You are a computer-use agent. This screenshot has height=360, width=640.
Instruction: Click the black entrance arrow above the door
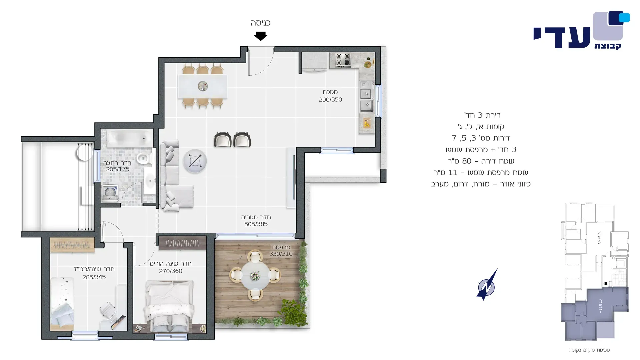(260, 36)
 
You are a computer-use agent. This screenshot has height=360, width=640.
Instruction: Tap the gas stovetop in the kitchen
(343, 60)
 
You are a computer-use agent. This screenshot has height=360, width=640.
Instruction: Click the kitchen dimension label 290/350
(330, 100)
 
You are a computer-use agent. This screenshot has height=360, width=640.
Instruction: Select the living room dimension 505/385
(256, 224)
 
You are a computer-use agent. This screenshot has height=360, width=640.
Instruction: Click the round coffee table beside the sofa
(195, 161)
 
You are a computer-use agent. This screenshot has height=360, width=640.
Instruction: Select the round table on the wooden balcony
(255, 276)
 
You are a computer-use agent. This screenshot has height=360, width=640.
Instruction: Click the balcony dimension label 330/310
(281, 254)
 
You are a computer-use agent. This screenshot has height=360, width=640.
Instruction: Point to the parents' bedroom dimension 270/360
(171, 271)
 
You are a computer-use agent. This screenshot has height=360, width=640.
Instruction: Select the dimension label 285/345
(94, 277)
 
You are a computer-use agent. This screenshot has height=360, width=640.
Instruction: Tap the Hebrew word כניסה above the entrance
(260, 23)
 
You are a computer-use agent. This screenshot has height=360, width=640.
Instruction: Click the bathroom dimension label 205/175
(118, 169)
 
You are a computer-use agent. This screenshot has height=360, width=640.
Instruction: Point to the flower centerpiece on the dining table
(203, 86)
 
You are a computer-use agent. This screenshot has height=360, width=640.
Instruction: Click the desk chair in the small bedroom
(108, 310)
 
